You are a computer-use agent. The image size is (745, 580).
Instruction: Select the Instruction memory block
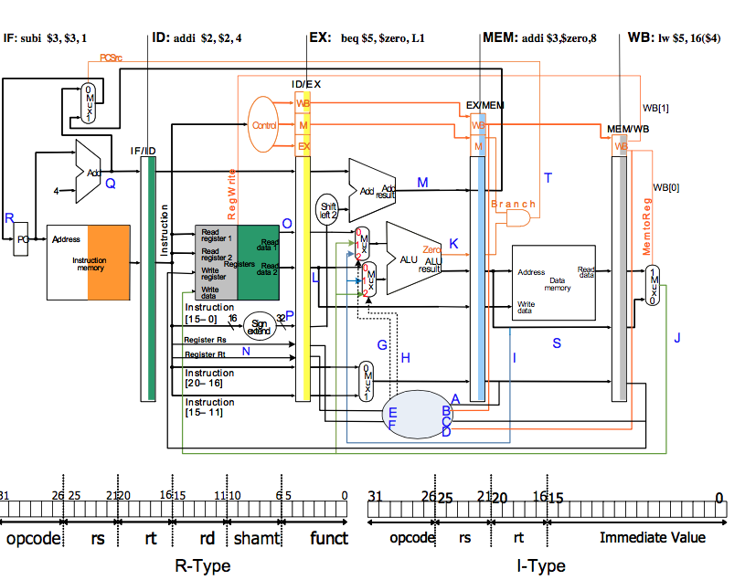90,262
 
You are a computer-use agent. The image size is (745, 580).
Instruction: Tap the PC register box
22,239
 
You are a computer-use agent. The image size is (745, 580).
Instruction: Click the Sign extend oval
260,326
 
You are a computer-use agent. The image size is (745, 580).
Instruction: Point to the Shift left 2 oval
327,210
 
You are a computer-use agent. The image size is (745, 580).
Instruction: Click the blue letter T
548,178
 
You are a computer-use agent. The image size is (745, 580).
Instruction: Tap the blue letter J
677,338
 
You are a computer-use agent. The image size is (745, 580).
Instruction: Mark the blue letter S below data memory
557,343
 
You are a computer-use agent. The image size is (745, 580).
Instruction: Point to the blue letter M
422,183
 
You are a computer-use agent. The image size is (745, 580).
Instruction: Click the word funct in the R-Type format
328,538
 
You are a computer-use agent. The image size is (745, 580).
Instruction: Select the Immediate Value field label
652,538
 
